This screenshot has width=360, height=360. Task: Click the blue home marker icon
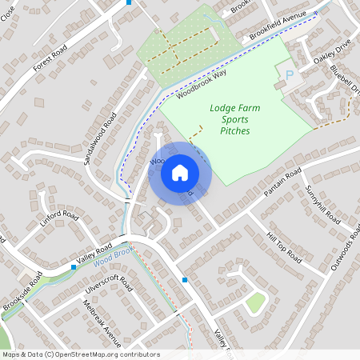click(x=180, y=172)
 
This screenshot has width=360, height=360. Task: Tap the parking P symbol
click(x=289, y=74)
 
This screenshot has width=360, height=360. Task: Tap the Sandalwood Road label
click(x=100, y=138)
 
